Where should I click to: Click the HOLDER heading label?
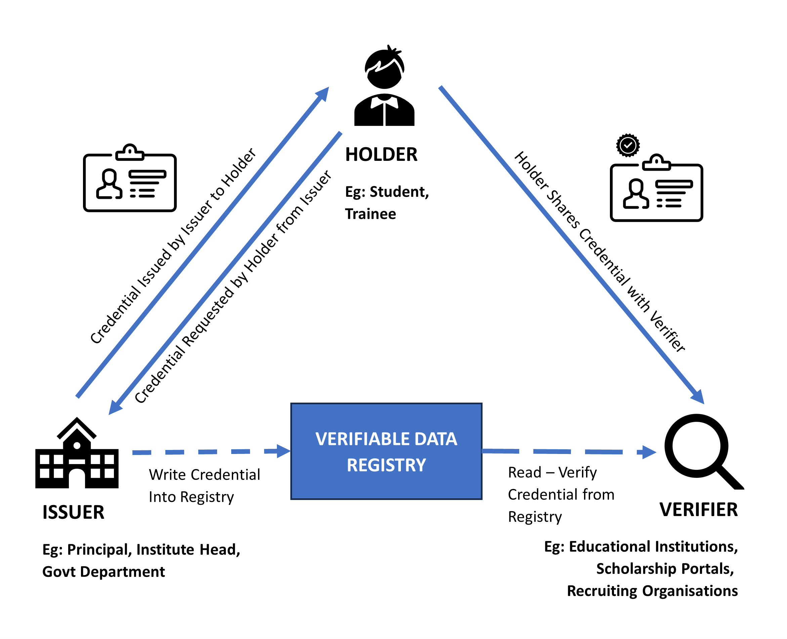[x=381, y=154]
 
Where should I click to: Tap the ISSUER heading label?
[x=73, y=512]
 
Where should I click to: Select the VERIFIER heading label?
[x=698, y=510]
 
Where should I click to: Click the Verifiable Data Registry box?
[x=386, y=451]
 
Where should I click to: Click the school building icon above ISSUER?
[x=77, y=454]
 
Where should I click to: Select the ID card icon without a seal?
[x=130, y=179]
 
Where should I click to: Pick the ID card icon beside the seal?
[x=656, y=188]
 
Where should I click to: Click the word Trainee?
[x=371, y=214]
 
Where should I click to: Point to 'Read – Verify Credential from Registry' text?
[x=561, y=494]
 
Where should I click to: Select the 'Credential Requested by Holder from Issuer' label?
[x=233, y=287]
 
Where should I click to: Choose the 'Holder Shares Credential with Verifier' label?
[x=599, y=252]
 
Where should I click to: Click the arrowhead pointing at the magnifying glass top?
[x=697, y=397]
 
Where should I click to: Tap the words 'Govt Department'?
[x=103, y=572]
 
